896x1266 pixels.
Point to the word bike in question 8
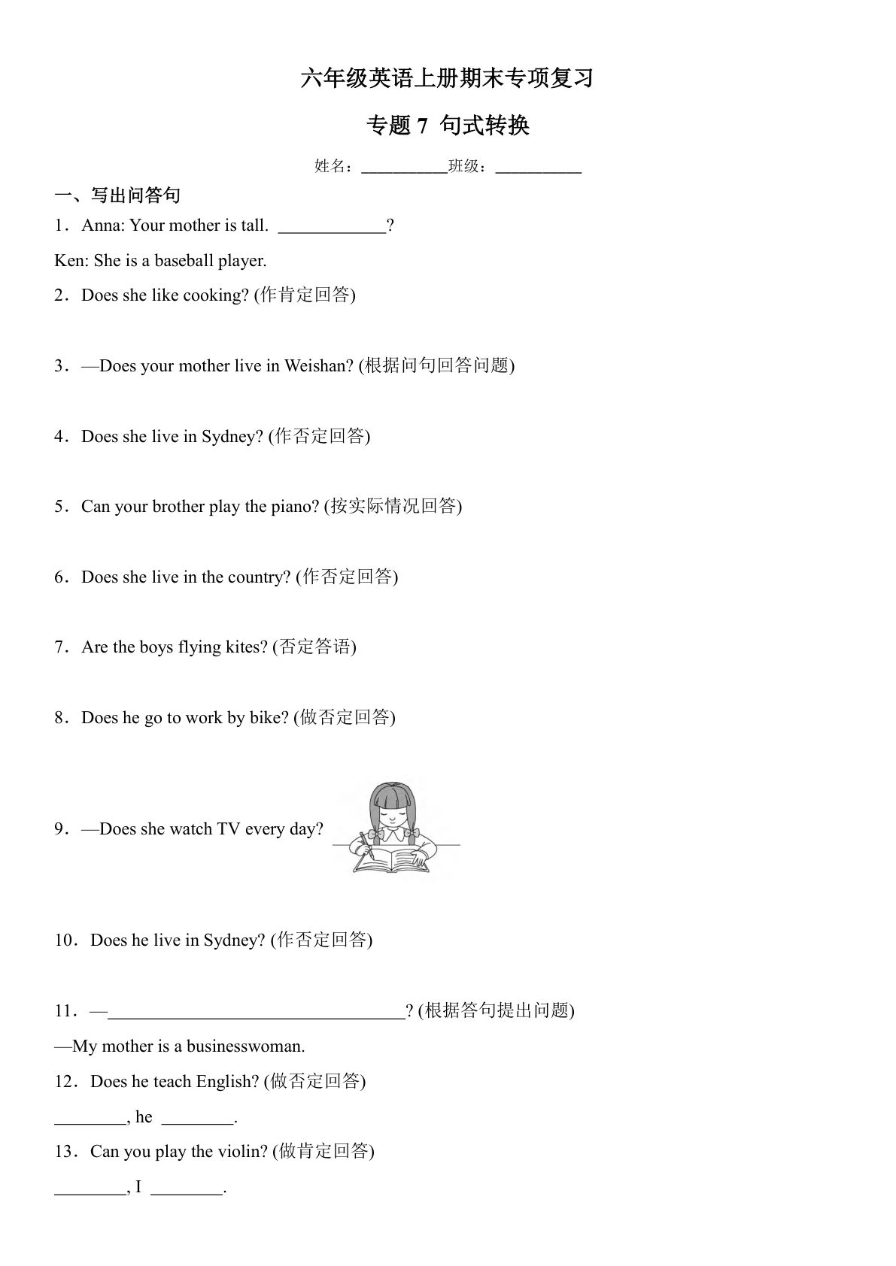coord(269,718)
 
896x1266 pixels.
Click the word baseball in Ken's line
coord(184,261)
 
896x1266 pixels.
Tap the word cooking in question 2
coord(215,295)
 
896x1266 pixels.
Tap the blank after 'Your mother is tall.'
coord(332,232)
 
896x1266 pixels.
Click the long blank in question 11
coord(257,1016)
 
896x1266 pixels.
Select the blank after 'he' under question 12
coord(197,1122)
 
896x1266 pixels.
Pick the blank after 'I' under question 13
coord(187,1193)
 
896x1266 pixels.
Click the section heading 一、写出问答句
coord(117,195)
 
